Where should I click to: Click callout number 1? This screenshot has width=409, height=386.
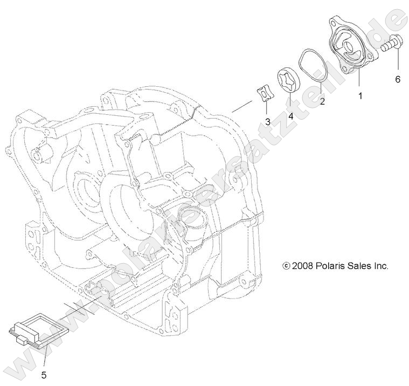360,95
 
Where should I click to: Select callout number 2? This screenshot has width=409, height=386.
323,100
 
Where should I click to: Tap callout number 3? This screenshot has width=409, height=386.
267,121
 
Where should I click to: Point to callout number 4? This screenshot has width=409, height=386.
290,115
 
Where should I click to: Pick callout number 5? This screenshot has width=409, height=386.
44,373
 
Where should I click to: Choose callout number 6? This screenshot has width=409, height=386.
398,79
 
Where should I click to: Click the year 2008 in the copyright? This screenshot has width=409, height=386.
303,266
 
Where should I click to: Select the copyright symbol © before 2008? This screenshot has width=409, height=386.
286,266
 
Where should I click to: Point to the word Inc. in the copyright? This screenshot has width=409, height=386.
381,266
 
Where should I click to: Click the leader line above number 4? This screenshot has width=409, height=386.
290,102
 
